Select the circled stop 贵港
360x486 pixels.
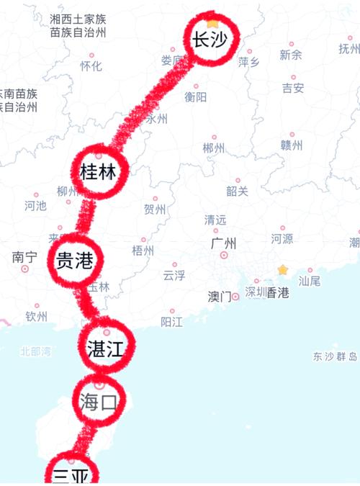click(74, 261)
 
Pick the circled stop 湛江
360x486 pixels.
click(106, 349)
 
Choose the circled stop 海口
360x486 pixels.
click(99, 402)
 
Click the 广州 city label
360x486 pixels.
click(224, 243)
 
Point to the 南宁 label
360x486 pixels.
click(24, 257)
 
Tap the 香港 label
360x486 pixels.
click(278, 292)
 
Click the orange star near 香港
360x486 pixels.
click(283, 270)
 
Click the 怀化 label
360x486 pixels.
click(91, 66)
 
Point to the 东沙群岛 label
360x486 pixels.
click(335, 356)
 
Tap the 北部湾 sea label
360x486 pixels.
click(36, 352)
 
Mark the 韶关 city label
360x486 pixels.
click(237, 191)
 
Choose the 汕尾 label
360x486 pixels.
click(310, 282)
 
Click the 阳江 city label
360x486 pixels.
click(172, 321)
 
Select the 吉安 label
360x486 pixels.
click(293, 88)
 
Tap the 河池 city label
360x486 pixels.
click(35, 206)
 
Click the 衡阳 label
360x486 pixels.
click(196, 96)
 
